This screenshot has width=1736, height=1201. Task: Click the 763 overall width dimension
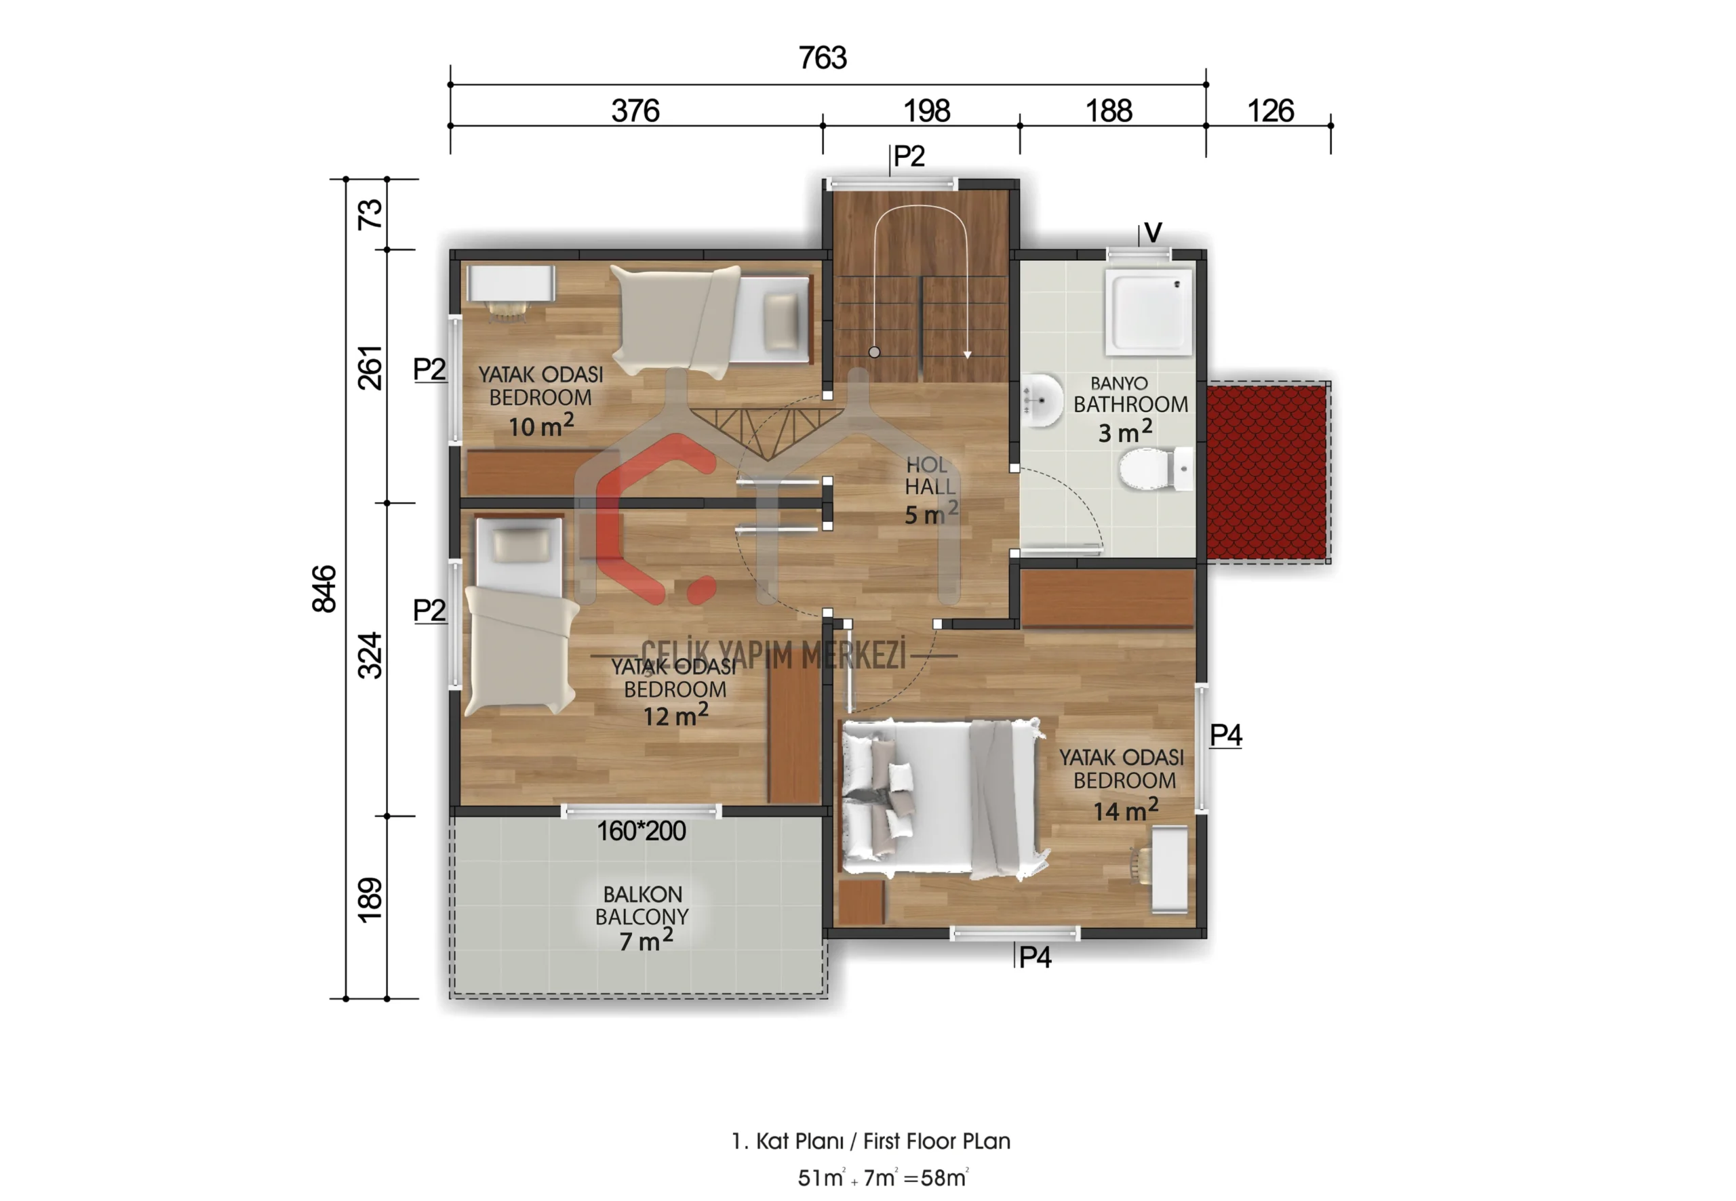[x=822, y=58]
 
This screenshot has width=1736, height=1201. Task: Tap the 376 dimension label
[x=635, y=111]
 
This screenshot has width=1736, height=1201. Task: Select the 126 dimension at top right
[x=1271, y=111]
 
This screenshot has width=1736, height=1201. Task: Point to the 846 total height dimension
[x=324, y=588]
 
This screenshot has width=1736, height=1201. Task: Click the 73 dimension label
[x=370, y=214]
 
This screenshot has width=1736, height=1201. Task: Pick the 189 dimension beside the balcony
[x=370, y=900]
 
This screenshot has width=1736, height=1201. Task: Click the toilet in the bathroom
[x=1156, y=469]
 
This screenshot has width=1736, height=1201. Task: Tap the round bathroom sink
[x=1042, y=400]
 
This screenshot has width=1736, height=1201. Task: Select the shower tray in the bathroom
[x=1149, y=312]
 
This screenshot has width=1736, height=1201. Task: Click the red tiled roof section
[x=1267, y=472]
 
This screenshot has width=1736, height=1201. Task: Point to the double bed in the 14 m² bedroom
[x=944, y=799]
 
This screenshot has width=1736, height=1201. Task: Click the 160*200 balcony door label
[x=642, y=831]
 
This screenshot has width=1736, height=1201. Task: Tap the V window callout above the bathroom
[x=1153, y=232]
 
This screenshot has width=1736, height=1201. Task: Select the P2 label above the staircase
[x=909, y=157]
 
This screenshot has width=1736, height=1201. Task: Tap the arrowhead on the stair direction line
[x=968, y=354]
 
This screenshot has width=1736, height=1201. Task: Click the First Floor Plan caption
[x=870, y=1141]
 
